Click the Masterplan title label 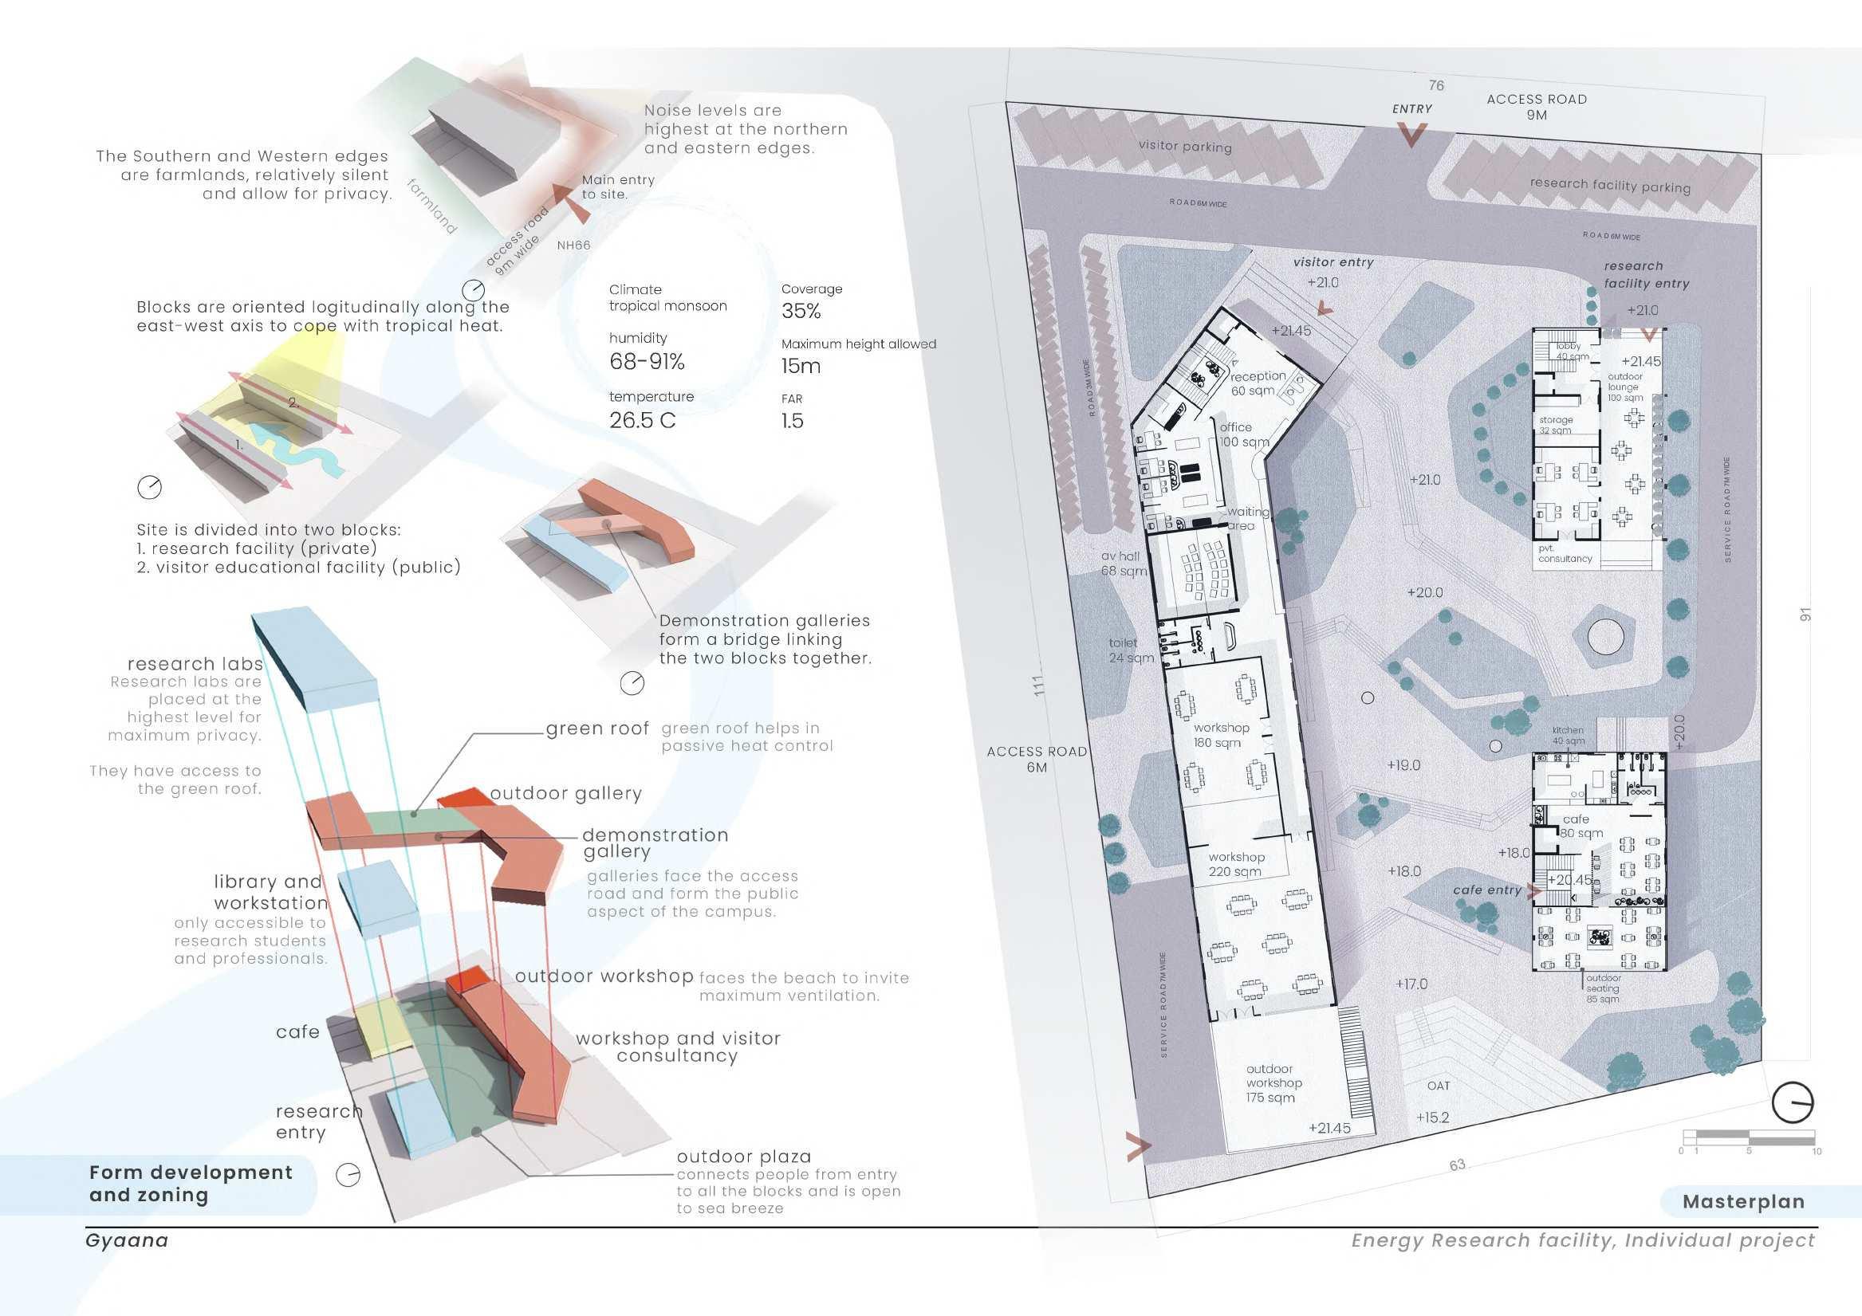tap(1743, 1202)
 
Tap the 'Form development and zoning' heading tap(191, 1184)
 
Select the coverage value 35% tap(801, 312)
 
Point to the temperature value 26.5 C tap(642, 420)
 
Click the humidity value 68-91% tap(648, 362)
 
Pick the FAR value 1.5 tap(793, 420)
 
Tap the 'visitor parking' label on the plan tap(1185, 147)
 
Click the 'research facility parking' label tap(1610, 185)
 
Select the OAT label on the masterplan tap(1438, 1085)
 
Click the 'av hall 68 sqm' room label tap(1124, 564)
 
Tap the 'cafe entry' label tap(1487, 890)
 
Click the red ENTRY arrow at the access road tap(1412, 136)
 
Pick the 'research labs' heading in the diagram tap(195, 664)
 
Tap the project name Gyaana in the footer tap(127, 1240)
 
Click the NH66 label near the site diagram tap(573, 245)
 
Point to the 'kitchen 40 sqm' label tap(1569, 736)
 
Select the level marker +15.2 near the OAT tap(1432, 1118)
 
